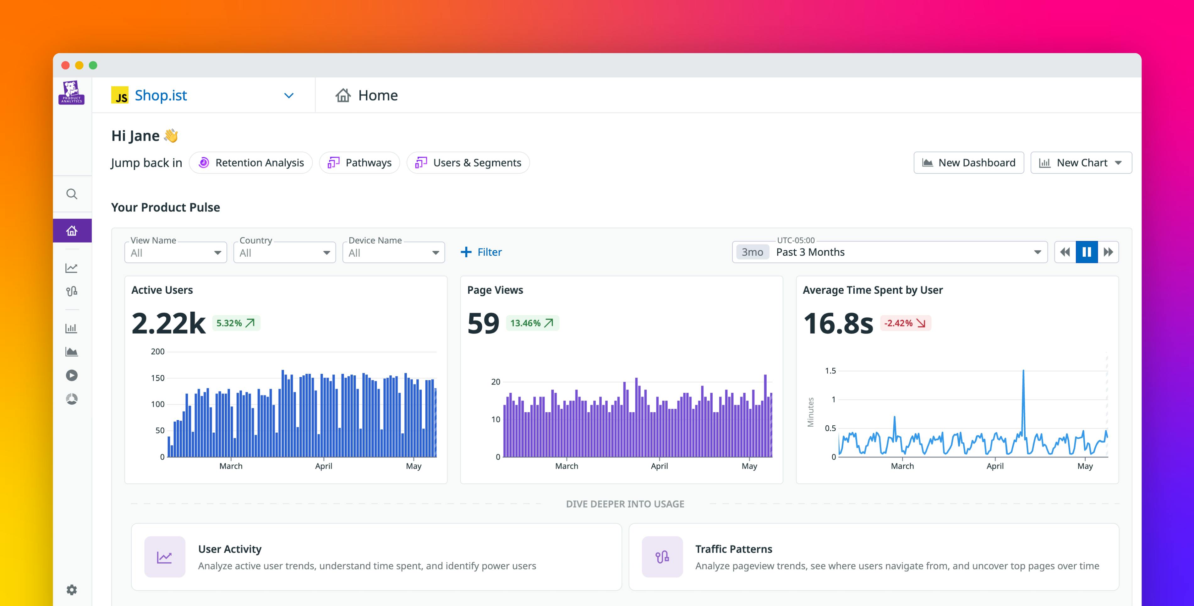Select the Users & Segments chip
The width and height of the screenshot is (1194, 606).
coord(468,163)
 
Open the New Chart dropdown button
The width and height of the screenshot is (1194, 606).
coord(1081,163)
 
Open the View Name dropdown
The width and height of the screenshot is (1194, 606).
coord(176,253)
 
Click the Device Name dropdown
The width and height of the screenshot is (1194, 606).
coord(393,253)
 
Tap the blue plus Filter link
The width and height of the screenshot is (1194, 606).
coord(481,252)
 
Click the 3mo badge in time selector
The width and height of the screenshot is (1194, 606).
coord(752,252)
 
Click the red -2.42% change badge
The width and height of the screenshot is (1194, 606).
coord(905,323)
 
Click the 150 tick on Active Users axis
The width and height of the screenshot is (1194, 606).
coord(158,378)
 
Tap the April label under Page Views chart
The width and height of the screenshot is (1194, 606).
coord(659,466)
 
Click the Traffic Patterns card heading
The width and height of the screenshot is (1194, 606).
coord(734,549)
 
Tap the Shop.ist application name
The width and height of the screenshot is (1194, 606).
coord(161,96)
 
